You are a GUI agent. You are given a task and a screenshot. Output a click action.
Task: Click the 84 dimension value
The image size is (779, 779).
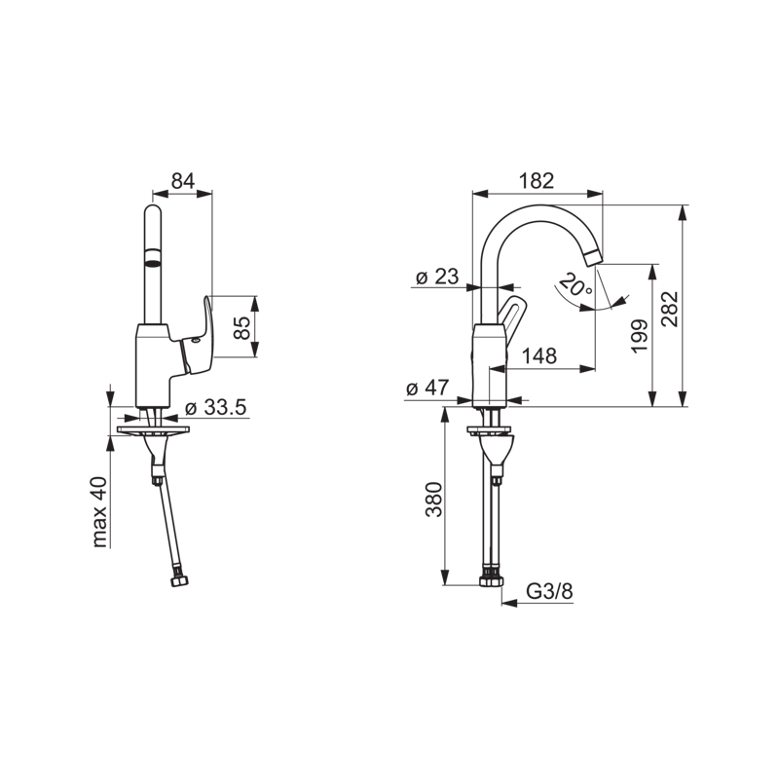(183, 181)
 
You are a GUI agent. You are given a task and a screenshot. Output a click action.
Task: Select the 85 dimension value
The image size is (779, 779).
(242, 327)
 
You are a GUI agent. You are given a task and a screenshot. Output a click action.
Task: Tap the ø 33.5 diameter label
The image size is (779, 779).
(215, 408)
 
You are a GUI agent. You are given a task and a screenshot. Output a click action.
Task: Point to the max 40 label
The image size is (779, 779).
(100, 512)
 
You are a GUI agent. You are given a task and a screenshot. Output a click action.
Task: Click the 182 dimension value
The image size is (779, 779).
(537, 181)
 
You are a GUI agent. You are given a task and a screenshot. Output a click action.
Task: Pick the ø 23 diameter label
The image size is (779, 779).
(437, 277)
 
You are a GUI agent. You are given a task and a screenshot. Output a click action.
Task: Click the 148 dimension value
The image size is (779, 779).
(539, 355)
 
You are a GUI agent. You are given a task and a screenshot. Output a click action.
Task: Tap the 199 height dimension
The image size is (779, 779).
(640, 336)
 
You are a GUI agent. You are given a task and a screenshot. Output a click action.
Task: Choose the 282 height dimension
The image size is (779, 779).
(670, 309)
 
